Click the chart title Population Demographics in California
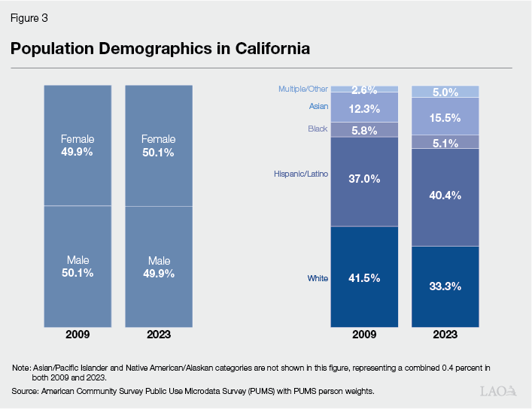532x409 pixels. pos(160,50)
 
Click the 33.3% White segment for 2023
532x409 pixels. pos(445,286)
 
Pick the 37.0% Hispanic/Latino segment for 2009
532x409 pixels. pos(364,180)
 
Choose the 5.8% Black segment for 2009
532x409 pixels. pos(364,129)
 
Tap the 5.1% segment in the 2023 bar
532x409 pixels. pos(445,141)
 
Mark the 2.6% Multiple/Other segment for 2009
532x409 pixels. pos(364,89)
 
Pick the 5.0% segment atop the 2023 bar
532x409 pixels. pos(445,92)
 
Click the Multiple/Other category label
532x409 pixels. pos(303,89)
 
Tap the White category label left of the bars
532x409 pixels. pos(317,278)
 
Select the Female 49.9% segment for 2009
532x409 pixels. pos(78,145)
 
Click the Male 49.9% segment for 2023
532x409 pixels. pos(158,267)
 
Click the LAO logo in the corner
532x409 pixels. pos(498,391)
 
